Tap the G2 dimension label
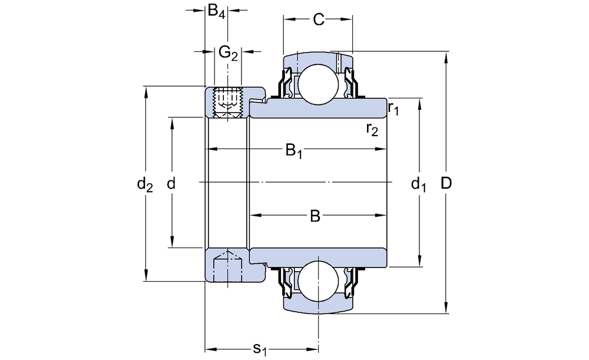[228, 54]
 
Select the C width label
[318, 20]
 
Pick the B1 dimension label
[294, 151]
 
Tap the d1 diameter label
[418, 185]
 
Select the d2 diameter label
[145, 184]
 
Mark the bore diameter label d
[171, 184]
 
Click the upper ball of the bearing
[318, 83]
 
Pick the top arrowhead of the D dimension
[446, 57]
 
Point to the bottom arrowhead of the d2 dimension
[145, 277]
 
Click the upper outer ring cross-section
[318, 60]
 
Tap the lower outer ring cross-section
[318, 307]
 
